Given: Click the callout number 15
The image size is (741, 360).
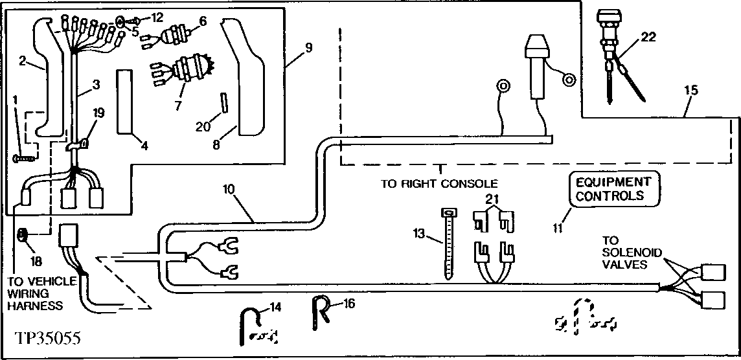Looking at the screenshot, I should pos(690,91).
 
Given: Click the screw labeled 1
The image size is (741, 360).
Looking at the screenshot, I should pos(22,157).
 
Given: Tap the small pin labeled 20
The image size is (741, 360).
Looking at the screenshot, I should pos(222,102).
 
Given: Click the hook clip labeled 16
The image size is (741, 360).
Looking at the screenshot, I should pos(321,308).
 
